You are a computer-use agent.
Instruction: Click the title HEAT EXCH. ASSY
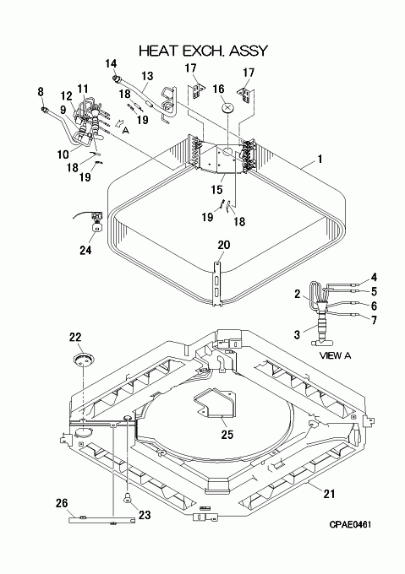pos(204,51)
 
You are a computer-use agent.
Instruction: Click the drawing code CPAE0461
pos(350,524)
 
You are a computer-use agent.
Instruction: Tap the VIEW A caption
pos(335,355)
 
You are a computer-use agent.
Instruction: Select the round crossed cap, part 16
pos(228,108)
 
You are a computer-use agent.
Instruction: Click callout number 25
pos(227,434)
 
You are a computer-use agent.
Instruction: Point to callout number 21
pos(329,494)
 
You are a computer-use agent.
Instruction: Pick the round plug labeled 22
pos(83,359)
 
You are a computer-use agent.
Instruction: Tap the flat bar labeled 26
pos(101,520)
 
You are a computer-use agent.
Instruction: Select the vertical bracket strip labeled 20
pos(217,282)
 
